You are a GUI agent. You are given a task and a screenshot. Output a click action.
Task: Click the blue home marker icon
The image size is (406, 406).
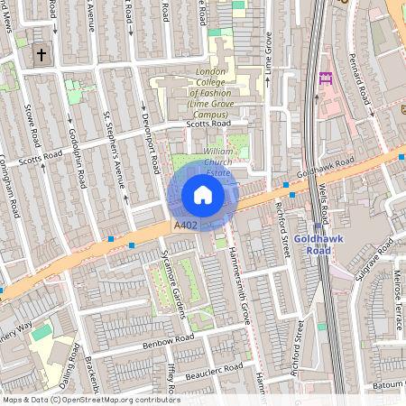click(203, 195)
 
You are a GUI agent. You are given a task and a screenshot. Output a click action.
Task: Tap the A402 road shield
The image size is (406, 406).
click(185, 225)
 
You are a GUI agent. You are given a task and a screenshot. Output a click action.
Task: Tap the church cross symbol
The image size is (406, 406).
click(41, 56)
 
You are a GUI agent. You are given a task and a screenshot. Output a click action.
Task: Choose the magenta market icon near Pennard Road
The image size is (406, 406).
click(326, 78)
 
